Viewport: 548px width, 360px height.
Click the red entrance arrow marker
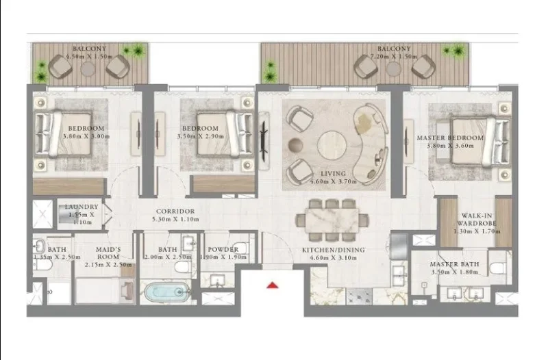point(273,285)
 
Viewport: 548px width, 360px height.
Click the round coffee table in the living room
point(332,143)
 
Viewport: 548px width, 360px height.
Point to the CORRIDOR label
point(175,211)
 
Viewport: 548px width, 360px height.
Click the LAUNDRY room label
point(82,207)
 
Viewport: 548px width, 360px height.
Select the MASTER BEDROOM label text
point(450,138)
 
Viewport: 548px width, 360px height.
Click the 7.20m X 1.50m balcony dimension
point(394,57)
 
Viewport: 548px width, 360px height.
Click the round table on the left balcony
point(88,69)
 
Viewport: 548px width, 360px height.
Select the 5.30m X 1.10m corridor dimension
point(175,220)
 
